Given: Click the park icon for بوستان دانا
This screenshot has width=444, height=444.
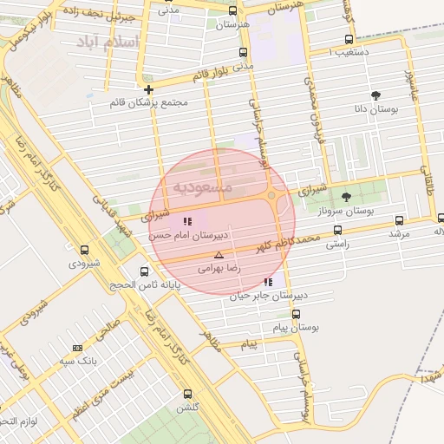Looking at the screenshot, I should click(375, 95).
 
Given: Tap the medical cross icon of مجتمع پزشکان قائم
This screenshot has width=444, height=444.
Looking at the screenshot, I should click(149, 89).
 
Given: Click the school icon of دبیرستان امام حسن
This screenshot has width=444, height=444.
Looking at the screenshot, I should click(188, 221).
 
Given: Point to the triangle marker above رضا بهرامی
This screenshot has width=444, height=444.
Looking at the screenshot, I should click(219, 255).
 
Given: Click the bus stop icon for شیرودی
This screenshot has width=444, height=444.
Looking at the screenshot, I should click(84, 250).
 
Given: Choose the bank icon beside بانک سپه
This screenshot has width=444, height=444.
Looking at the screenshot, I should click(79, 347).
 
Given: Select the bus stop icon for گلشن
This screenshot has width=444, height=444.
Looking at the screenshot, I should click(188, 394).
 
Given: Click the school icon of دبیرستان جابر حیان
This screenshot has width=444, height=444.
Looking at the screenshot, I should click(268, 282).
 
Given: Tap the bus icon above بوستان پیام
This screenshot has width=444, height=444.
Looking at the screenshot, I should click(297, 315).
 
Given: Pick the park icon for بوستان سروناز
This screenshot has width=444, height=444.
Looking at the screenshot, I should click(347, 197).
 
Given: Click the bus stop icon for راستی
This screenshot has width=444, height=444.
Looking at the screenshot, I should click(337, 231).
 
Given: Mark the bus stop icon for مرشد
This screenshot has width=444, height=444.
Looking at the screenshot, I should click(399, 220).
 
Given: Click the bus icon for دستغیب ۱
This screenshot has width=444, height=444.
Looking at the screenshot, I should click(349, 39).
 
